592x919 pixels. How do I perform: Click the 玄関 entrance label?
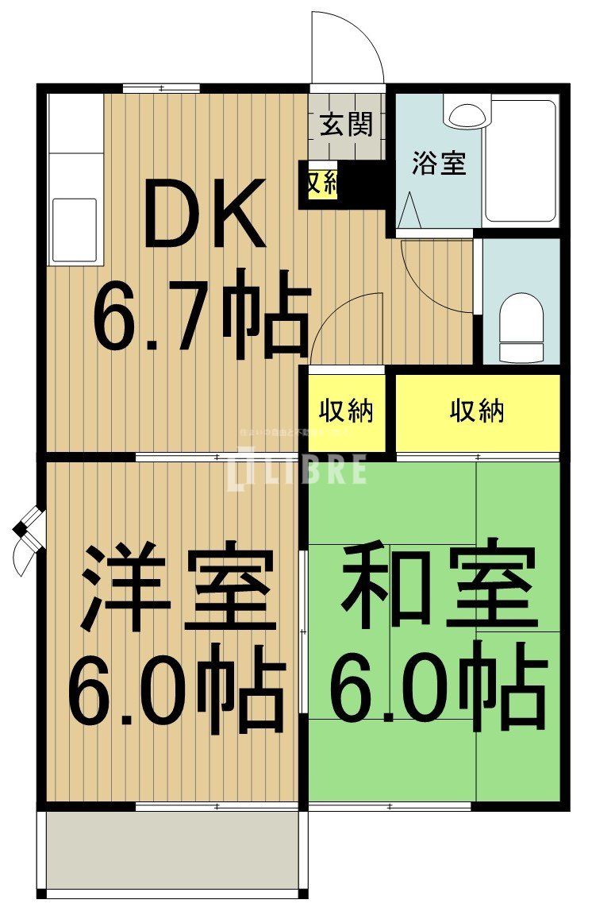click(x=347, y=125)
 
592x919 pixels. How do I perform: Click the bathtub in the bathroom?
click(x=521, y=160)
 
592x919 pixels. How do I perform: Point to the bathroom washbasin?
click(x=467, y=115)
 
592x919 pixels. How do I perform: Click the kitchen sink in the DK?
click(x=74, y=227)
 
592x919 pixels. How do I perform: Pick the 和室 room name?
click(x=435, y=584)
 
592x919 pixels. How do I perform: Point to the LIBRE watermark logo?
click(x=297, y=469)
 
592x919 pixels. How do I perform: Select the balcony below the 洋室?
click(x=172, y=851)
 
